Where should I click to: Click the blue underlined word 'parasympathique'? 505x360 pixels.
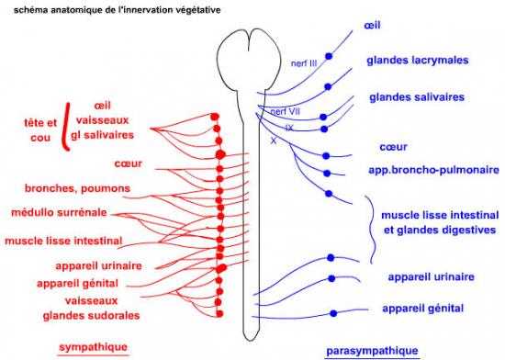click(372, 351)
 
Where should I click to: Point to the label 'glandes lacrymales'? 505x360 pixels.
click(413, 60)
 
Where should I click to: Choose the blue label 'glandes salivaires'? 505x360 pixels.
click(416, 96)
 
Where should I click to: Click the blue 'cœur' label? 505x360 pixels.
click(393, 146)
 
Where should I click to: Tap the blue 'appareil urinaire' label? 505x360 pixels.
click(430, 276)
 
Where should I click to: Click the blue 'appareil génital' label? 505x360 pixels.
click(423, 308)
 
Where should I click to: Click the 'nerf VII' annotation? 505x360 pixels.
click(285, 112)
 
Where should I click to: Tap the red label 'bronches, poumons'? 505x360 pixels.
click(78, 188)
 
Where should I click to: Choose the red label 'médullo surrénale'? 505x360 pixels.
click(63, 213)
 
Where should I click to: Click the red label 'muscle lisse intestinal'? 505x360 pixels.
click(64, 241)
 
